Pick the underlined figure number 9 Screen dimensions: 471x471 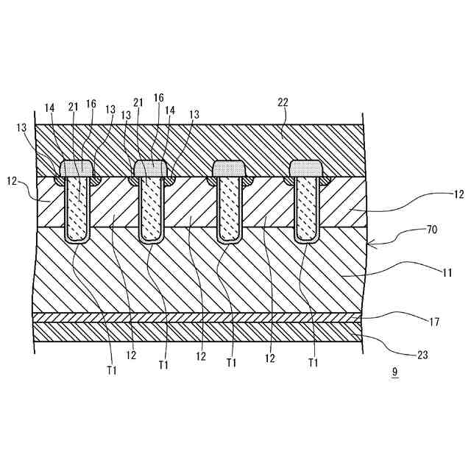coord(394,372)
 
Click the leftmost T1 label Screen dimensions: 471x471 coord(110,370)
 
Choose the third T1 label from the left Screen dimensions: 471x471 coord(233,363)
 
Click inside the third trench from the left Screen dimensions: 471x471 coord(228,210)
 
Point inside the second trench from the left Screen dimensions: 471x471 coord(152,210)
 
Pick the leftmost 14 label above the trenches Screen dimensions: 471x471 coord(50,107)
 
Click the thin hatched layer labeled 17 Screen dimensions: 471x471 coord(199,318)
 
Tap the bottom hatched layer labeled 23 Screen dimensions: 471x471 coord(199,333)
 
